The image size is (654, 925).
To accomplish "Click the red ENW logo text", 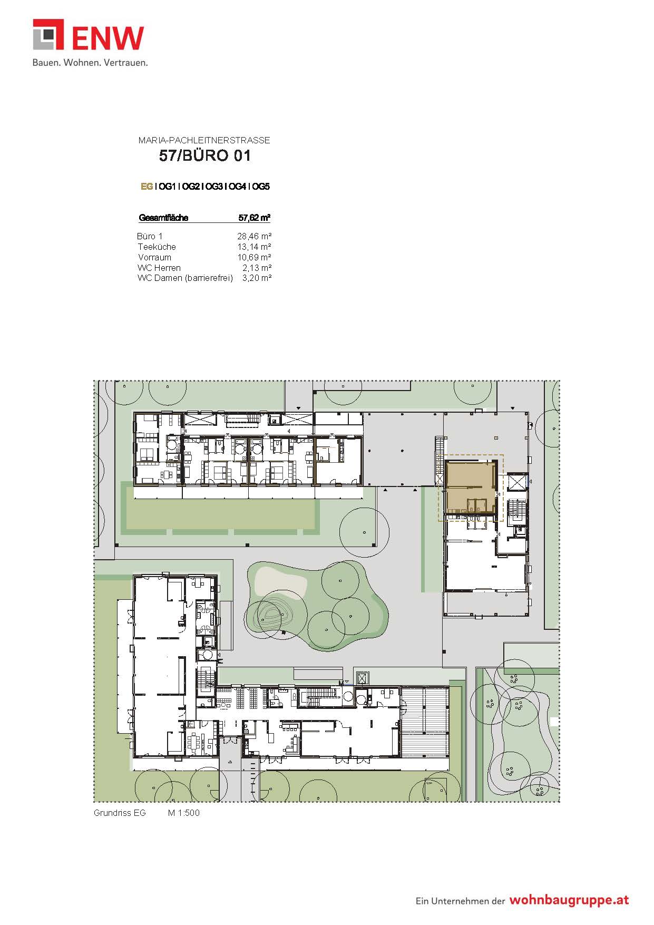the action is click(108, 38).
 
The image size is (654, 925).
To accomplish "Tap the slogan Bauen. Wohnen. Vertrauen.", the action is click(90, 62).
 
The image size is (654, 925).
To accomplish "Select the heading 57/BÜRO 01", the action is click(205, 155).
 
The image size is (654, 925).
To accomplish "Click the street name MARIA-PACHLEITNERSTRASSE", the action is click(204, 140).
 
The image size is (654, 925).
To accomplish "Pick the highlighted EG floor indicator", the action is click(147, 187).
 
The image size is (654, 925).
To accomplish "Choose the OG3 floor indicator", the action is click(213, 187).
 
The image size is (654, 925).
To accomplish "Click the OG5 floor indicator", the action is click(260, 187).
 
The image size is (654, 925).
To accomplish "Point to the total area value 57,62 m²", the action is click(255, 218).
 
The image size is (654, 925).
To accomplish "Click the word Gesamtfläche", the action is click(163, 218).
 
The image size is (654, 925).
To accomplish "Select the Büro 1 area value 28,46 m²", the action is click(254, 236).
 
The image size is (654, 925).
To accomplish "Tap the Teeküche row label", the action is click(157, 247).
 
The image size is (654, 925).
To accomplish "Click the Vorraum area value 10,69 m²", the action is click(254, 257).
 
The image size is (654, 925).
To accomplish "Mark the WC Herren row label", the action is click(159, 268).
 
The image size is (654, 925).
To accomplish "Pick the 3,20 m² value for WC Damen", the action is click(257, 278).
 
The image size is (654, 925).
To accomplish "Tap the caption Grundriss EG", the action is click(120, 813).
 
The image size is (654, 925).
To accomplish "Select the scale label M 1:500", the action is click(184, 813).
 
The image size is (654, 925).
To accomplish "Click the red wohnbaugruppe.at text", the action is click(569, 900).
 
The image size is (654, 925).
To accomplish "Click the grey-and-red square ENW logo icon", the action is click(48, 35).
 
